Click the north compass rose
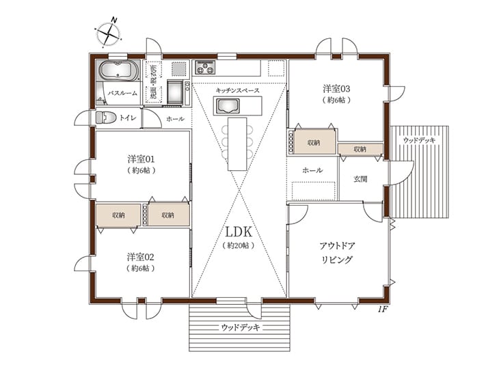pos(109,33)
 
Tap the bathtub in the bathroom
pos(119,70)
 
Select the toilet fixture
pos(106,118)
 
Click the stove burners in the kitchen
pos(205,67)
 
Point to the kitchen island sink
pos(228,106)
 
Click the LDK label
pos(239,232)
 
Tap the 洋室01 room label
pos(141,159)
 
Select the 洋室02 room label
pos(141,256)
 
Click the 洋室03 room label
pos(336,88)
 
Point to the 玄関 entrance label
pos(360,179)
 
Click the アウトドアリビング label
pos(337,253)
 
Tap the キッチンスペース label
pos(237,90)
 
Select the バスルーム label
pos(122,93)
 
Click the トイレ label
pos(128,118)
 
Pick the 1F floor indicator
pos(383,309)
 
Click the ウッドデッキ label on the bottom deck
pos(240,327)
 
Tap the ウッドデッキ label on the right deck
pos(419,140)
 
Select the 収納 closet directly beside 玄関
pos(360,149)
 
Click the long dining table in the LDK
pos(237,144)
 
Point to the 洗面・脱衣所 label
pos(153,81)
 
